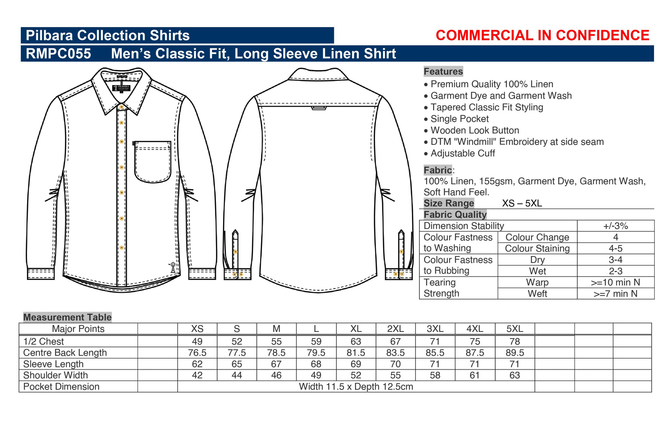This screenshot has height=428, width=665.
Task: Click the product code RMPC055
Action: (x=58, y=54)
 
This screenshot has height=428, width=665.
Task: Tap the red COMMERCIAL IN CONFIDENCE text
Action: (x=542, y=35)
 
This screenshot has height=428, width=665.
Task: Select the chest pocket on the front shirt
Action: (x=153, y=162)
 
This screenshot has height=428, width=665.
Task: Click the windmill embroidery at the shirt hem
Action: (x=172, y=267)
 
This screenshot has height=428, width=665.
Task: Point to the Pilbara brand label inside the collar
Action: (x=121, y=88)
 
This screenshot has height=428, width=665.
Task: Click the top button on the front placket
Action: (x=121, y=107)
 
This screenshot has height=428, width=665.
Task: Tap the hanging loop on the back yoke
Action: (x=319, y=108)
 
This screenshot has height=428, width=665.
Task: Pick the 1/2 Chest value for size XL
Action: (x=356, y=342)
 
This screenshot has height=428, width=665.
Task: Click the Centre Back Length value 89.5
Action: (x=514, y=353)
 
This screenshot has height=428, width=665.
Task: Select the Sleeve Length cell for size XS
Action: (x=197, y=364)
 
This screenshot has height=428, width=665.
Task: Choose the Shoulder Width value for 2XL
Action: (x=395, y=375)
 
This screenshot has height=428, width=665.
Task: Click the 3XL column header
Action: (x=435, y=329)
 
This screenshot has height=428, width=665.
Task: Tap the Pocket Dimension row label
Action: (x=61, y=386)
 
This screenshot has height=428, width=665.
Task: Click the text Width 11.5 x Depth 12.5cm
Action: (x=356, y=386)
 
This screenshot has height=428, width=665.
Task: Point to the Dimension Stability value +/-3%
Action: (x=615, y=226)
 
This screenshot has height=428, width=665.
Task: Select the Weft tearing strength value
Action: (x=615, y=294)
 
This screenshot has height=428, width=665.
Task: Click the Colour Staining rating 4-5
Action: (x=615, y=248)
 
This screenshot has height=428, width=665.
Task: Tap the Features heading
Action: (x=443, y=71)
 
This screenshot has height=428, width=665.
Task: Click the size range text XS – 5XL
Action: (x=522, y=203)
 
